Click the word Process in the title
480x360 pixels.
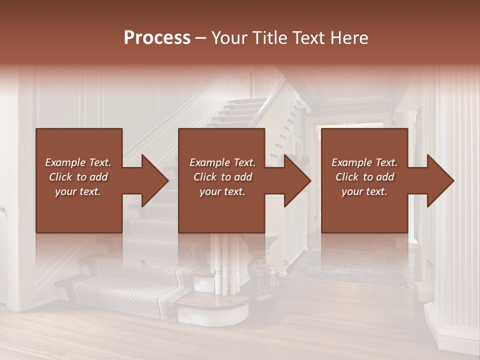click(x=157, y=38)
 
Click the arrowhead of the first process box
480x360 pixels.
click(x=155, y=180)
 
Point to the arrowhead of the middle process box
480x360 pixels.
click(x=297, y=180)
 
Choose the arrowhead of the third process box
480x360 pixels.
click(x=440, y=180)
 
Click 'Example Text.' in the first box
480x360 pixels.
click(x=78, y=162)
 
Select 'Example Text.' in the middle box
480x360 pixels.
click(x=222, y=162)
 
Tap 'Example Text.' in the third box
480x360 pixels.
click(x=364, y=162)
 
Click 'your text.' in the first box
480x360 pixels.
click(x=78, y=191)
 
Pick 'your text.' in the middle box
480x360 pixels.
click(x=222, y=191)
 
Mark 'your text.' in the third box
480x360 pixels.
click(x=364, y=191)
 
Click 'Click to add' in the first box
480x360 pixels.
click(x=78, y=177)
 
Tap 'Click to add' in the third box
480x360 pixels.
click(x=364, y=177)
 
